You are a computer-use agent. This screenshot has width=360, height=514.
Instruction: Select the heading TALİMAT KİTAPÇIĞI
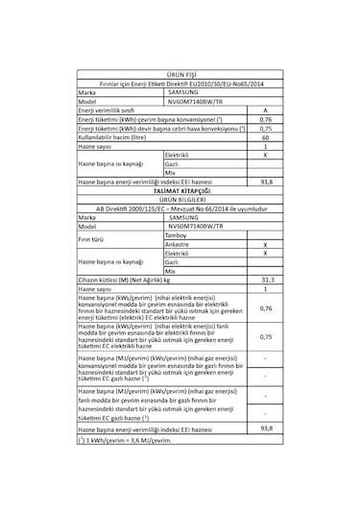click(x=181, y=191)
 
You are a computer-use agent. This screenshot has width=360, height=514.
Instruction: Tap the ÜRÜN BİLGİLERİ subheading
click(x=181, y=200)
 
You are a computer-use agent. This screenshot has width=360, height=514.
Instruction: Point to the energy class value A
click(x=265, y=110)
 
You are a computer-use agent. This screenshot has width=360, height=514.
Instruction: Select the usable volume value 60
click(x=265, y=137)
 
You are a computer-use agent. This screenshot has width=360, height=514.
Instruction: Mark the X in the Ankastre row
click(x=265, y=244)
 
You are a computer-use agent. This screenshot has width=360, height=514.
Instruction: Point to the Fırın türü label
click(x=92, y=239)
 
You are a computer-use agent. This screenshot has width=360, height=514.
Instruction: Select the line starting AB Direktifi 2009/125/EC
click(x=181, y=208)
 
